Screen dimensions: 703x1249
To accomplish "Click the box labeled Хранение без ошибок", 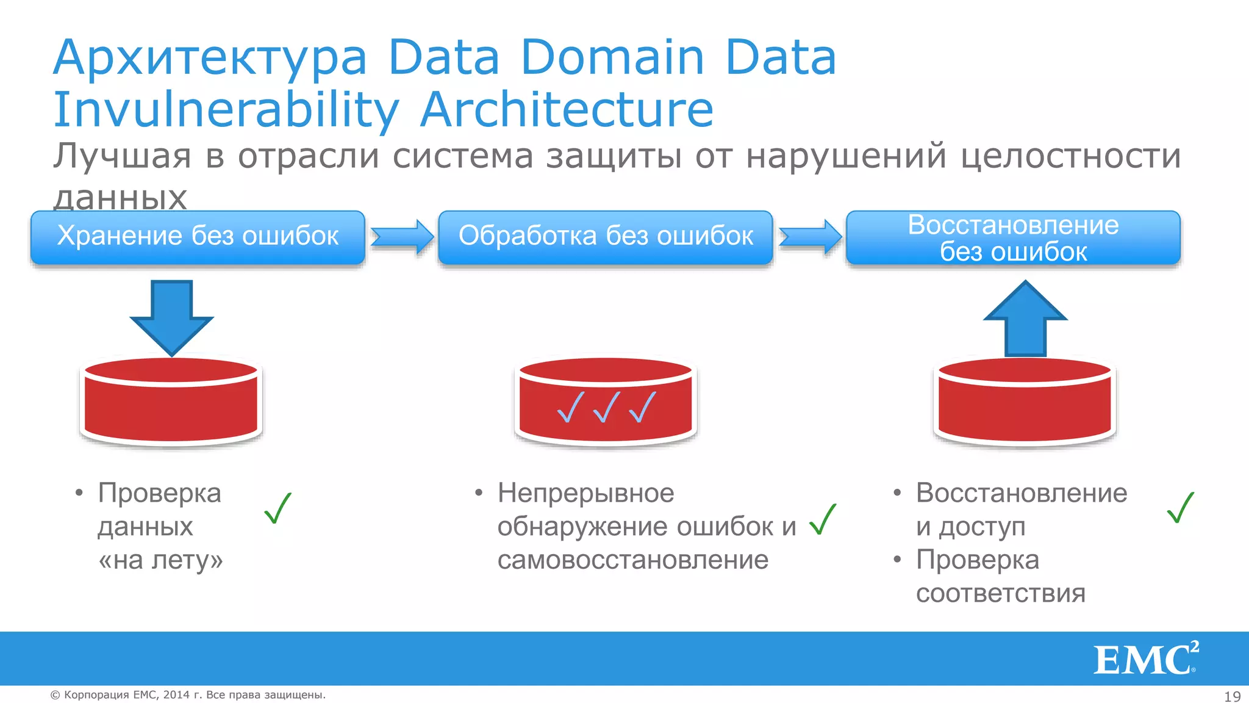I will (198, 237).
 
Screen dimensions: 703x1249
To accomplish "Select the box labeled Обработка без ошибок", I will (606, 237).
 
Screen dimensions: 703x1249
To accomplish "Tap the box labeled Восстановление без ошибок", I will (1013, 237).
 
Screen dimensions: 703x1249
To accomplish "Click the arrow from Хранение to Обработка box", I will (403, 237).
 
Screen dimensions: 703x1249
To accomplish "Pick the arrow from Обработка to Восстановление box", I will (811, 237).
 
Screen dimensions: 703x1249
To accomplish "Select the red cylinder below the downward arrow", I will (171, 403).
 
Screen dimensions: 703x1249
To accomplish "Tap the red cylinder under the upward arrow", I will (1025, 403).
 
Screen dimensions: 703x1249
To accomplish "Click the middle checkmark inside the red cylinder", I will (607, 408).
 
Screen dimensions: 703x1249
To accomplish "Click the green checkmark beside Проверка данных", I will (278, 508).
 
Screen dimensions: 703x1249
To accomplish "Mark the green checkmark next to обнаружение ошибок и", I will (823, 519).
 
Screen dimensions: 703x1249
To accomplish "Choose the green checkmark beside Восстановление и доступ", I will (1180, 508).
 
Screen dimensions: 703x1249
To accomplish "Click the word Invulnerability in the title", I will (226, 110).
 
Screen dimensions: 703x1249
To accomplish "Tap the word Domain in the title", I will (612, 57).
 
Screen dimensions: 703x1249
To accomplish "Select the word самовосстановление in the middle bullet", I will (632, 560).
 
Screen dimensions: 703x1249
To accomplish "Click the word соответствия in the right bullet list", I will (1000, 593).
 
